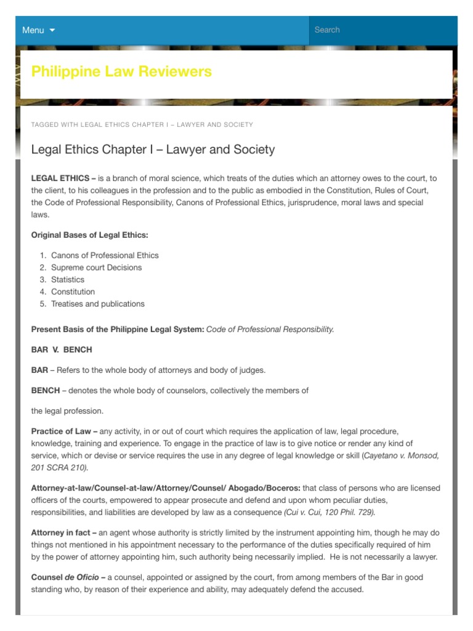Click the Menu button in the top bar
(33, 30)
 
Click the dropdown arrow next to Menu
(52, 30)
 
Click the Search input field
(382, 30)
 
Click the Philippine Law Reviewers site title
(121, 71)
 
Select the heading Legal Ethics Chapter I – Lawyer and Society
(153, 150)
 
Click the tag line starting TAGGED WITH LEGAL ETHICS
(142, 124)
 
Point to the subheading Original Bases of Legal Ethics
(90, 235)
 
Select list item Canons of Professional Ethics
(105, 255)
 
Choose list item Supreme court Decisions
(96, 267)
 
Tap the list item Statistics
(68, 280)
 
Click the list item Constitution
(73, 291)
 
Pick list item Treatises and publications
(97, 304)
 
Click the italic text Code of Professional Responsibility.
(270, 329)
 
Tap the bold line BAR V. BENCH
(62, 349)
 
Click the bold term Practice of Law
(60, 431)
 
